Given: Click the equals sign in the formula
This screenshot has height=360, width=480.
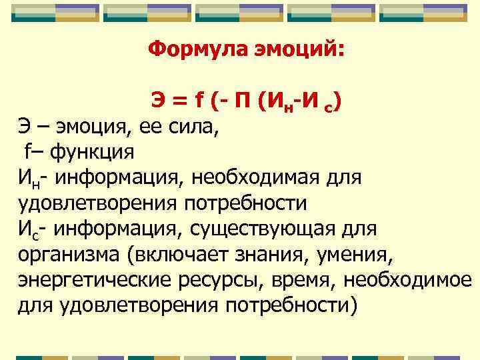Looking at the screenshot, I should (178, 102).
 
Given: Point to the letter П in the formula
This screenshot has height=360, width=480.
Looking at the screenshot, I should (242, 102).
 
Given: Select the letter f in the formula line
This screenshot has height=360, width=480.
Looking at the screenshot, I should (199, 102).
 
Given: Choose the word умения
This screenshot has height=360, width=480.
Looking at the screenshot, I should (374, 254).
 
